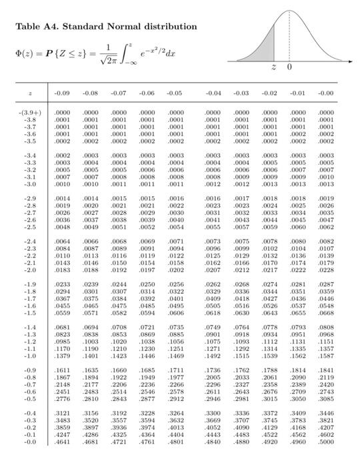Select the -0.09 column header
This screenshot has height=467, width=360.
[63, 93]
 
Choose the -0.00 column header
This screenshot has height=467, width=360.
[326, 93]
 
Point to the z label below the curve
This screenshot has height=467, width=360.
[273, 68]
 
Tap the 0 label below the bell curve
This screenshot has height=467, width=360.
[289, 68]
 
